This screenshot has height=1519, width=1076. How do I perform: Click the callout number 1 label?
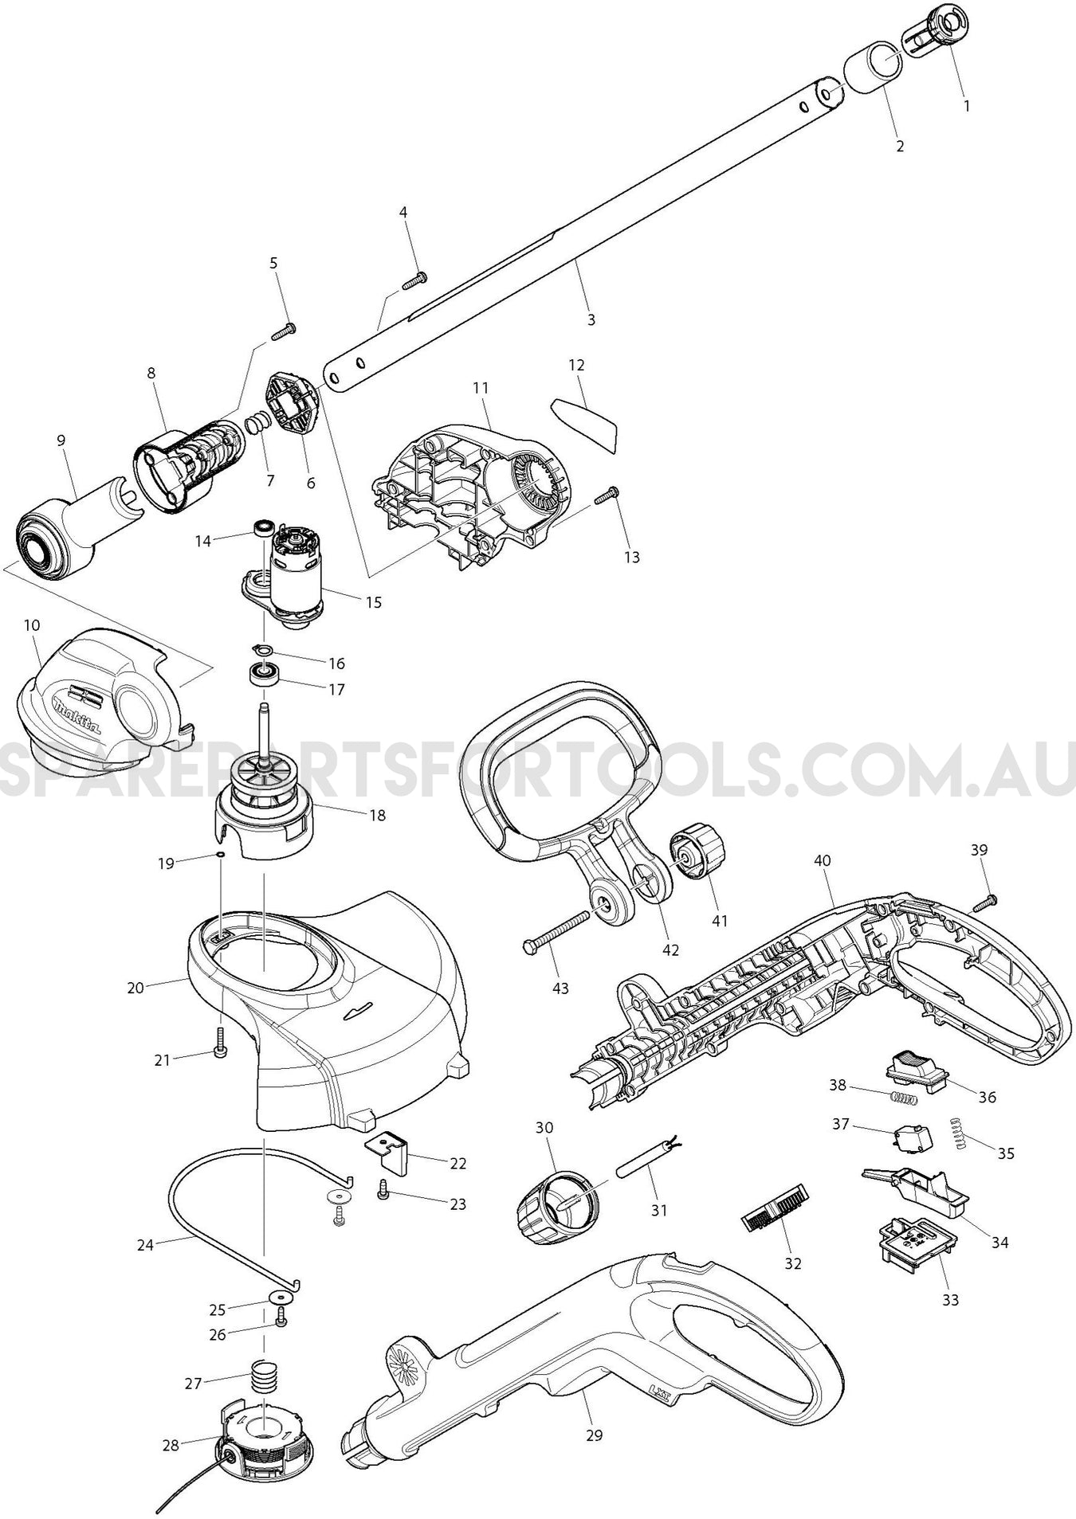coord(967,105)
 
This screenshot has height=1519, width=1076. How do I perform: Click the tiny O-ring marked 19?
coord(220,855)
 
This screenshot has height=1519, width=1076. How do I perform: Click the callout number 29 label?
coord(594,1435)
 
